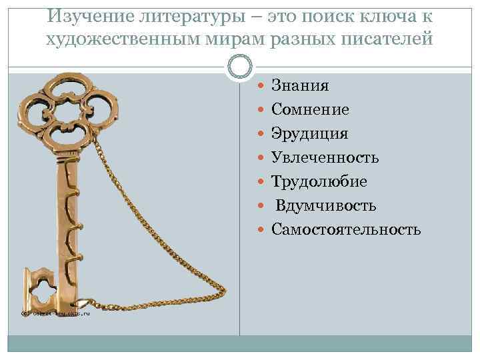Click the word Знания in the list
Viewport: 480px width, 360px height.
300,86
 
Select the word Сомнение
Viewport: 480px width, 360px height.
310,110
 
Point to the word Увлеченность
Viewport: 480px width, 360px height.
325,158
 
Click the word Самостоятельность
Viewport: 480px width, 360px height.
346,230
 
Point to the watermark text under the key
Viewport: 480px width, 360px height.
53,313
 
